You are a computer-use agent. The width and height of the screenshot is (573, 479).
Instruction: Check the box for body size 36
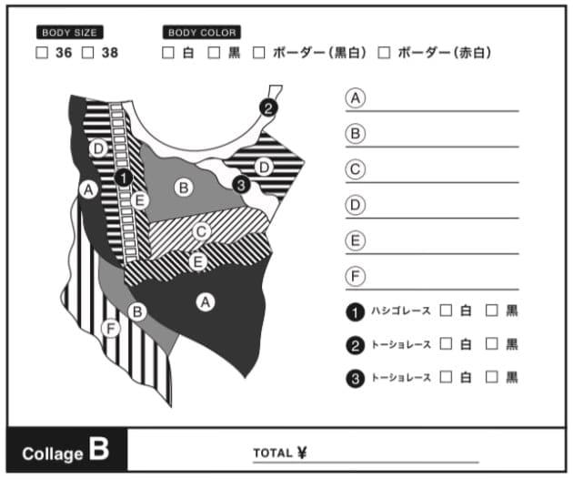42,53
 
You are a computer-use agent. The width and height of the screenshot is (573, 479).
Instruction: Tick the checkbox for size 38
87,53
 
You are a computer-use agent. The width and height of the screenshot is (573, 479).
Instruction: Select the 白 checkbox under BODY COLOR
167,53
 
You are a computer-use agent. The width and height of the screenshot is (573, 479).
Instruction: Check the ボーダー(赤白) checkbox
384,53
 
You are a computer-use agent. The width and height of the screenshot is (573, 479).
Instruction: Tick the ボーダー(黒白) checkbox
258,53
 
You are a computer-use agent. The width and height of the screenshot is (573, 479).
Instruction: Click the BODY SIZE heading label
69,32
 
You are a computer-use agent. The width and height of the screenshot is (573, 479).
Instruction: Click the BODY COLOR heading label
202,32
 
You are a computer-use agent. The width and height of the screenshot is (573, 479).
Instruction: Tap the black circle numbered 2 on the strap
268,108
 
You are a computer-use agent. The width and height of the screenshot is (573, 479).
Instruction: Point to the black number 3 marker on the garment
241,185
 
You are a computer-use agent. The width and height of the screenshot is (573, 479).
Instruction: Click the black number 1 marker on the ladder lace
124,178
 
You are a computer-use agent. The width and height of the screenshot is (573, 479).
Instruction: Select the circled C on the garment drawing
201,231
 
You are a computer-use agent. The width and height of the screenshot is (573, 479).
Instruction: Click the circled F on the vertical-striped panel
110,328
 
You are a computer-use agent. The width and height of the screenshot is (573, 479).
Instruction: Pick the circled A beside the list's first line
356,98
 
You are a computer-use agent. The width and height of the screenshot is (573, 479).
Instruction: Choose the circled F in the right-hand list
356,276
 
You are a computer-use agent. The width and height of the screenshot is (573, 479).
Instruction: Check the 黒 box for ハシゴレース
491,311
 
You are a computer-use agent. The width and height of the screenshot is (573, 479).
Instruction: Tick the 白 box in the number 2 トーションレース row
446,344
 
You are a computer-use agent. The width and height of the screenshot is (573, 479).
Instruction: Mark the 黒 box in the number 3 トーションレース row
491,377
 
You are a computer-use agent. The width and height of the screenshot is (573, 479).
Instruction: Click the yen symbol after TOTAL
302,453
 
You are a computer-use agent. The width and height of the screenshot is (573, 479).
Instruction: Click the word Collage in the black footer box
53,454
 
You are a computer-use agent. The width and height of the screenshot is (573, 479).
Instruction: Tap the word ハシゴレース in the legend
401,311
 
